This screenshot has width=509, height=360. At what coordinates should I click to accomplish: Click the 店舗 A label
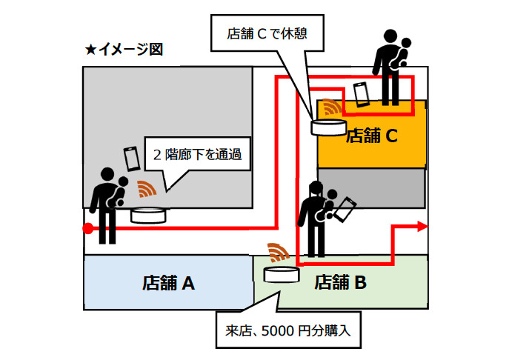[x=168, y=282]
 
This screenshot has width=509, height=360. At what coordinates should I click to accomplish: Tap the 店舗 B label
[x=341, y=282]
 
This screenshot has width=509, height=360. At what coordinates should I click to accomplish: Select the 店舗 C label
[x=373, y=136]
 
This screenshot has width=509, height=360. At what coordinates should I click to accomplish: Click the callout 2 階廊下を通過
[x=197, y=156]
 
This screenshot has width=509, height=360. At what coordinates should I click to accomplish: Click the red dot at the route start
[x=87, y=228]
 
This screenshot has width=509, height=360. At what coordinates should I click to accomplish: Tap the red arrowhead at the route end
[x=422, y=227]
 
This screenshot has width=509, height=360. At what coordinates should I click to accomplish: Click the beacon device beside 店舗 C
[x=327, y=127]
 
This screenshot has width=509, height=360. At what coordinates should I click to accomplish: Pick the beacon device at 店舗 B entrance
[x=281, y=274]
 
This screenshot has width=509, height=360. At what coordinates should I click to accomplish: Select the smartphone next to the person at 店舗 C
[x=361, y=94]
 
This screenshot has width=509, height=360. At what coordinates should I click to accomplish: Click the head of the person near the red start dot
[x=107, y=176]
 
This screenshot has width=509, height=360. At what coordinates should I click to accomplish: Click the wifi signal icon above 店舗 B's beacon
[x=279, y=252]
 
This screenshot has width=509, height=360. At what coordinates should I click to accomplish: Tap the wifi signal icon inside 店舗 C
[x=331, y=109]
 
